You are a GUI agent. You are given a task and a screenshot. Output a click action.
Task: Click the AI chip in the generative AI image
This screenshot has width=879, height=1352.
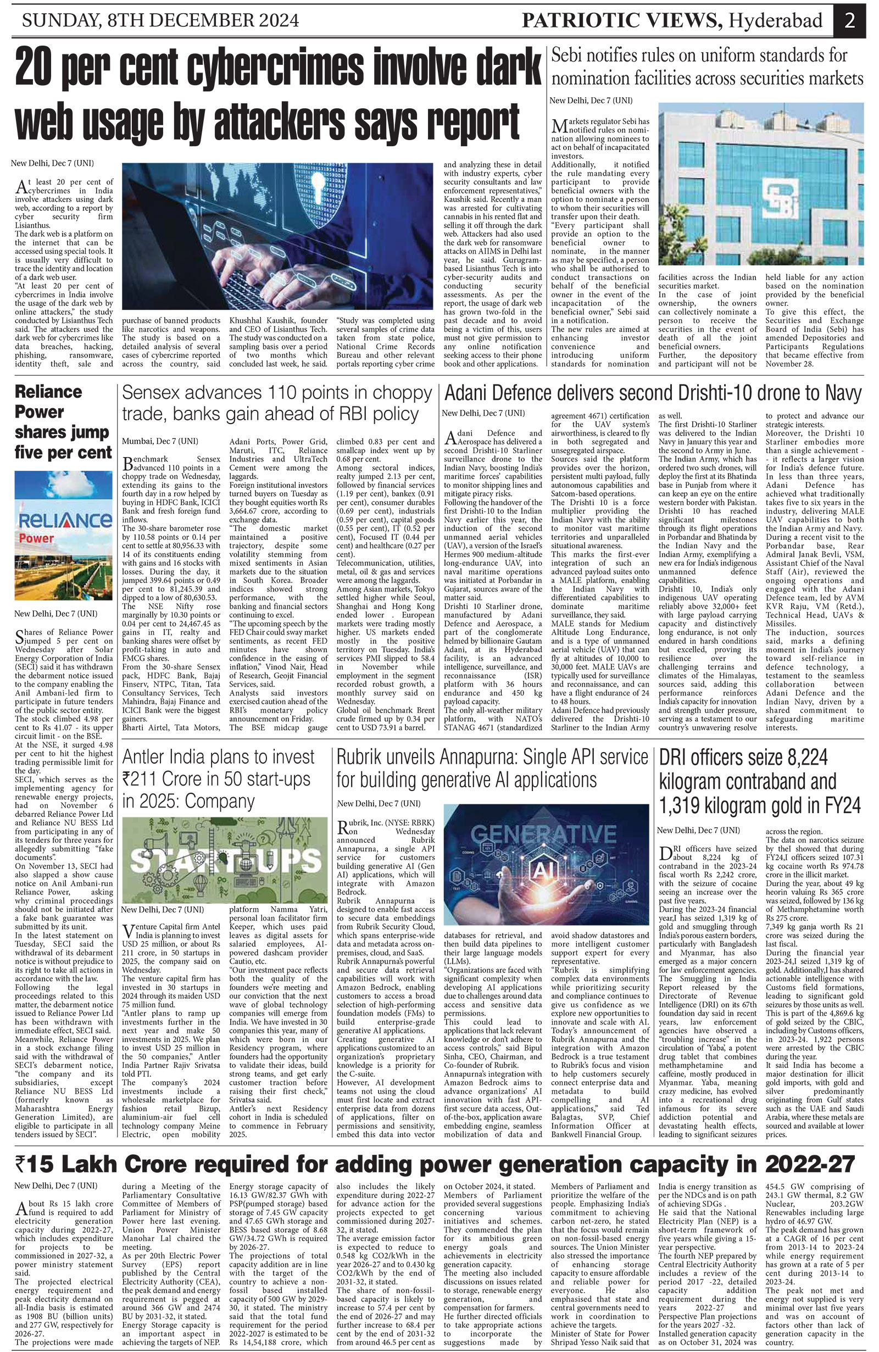(543, 869)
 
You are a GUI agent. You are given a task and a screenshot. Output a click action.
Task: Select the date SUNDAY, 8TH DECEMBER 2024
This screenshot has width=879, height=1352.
(160, 21)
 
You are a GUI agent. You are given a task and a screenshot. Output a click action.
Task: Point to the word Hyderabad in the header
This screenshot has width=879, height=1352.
(776, 21)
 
